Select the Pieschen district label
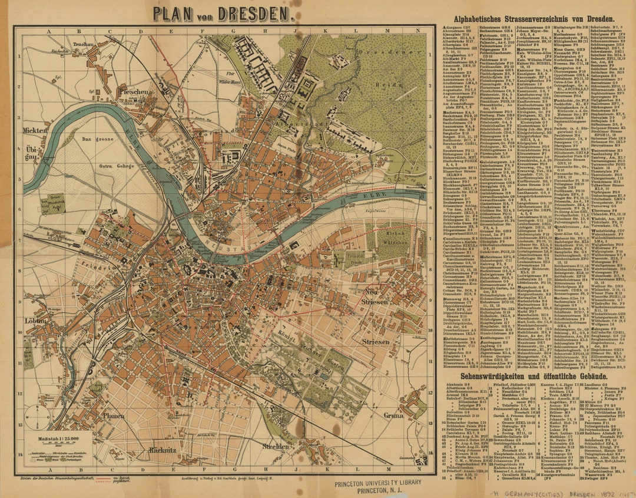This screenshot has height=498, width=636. [x=135, y=92]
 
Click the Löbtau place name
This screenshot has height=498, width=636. [x=36, y=321]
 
